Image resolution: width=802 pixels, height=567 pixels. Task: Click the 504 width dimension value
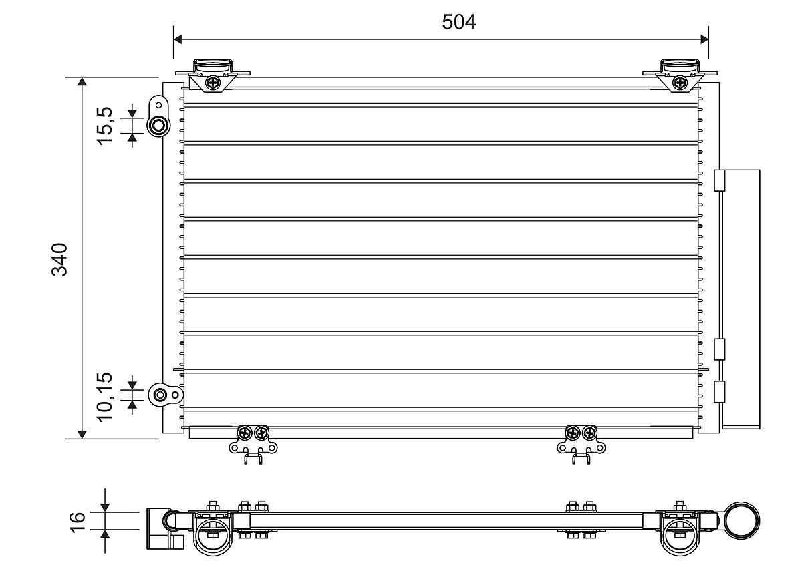[x=458, y=22]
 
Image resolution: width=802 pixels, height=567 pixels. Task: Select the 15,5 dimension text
[x=106, y=126]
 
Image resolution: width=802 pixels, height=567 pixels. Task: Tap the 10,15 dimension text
[x=106, y=396]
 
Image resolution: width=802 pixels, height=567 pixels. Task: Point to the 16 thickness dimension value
[x=78, y=520]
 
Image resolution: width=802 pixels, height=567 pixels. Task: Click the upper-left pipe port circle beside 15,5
[x=158, y=126]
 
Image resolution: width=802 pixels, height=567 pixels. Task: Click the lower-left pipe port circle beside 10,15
[x=161, y=395]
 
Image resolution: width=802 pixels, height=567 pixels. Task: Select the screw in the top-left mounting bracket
[x=213, y=83]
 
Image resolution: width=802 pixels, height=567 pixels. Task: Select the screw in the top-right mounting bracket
[x=680, y=83]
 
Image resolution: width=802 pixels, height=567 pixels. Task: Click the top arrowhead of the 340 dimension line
[x=82, y=82]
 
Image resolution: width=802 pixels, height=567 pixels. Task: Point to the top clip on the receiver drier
[x=720, y=182]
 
